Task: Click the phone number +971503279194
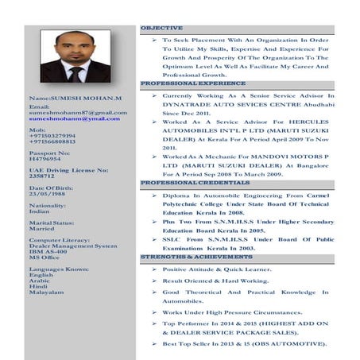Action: tap(52, 136)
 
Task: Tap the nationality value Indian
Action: tap(39, 211)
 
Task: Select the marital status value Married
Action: tap(41, 229)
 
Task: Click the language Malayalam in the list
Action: tap(46, 293)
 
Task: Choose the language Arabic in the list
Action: tap(40, 280)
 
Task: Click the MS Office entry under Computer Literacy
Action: tap(45, 257)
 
